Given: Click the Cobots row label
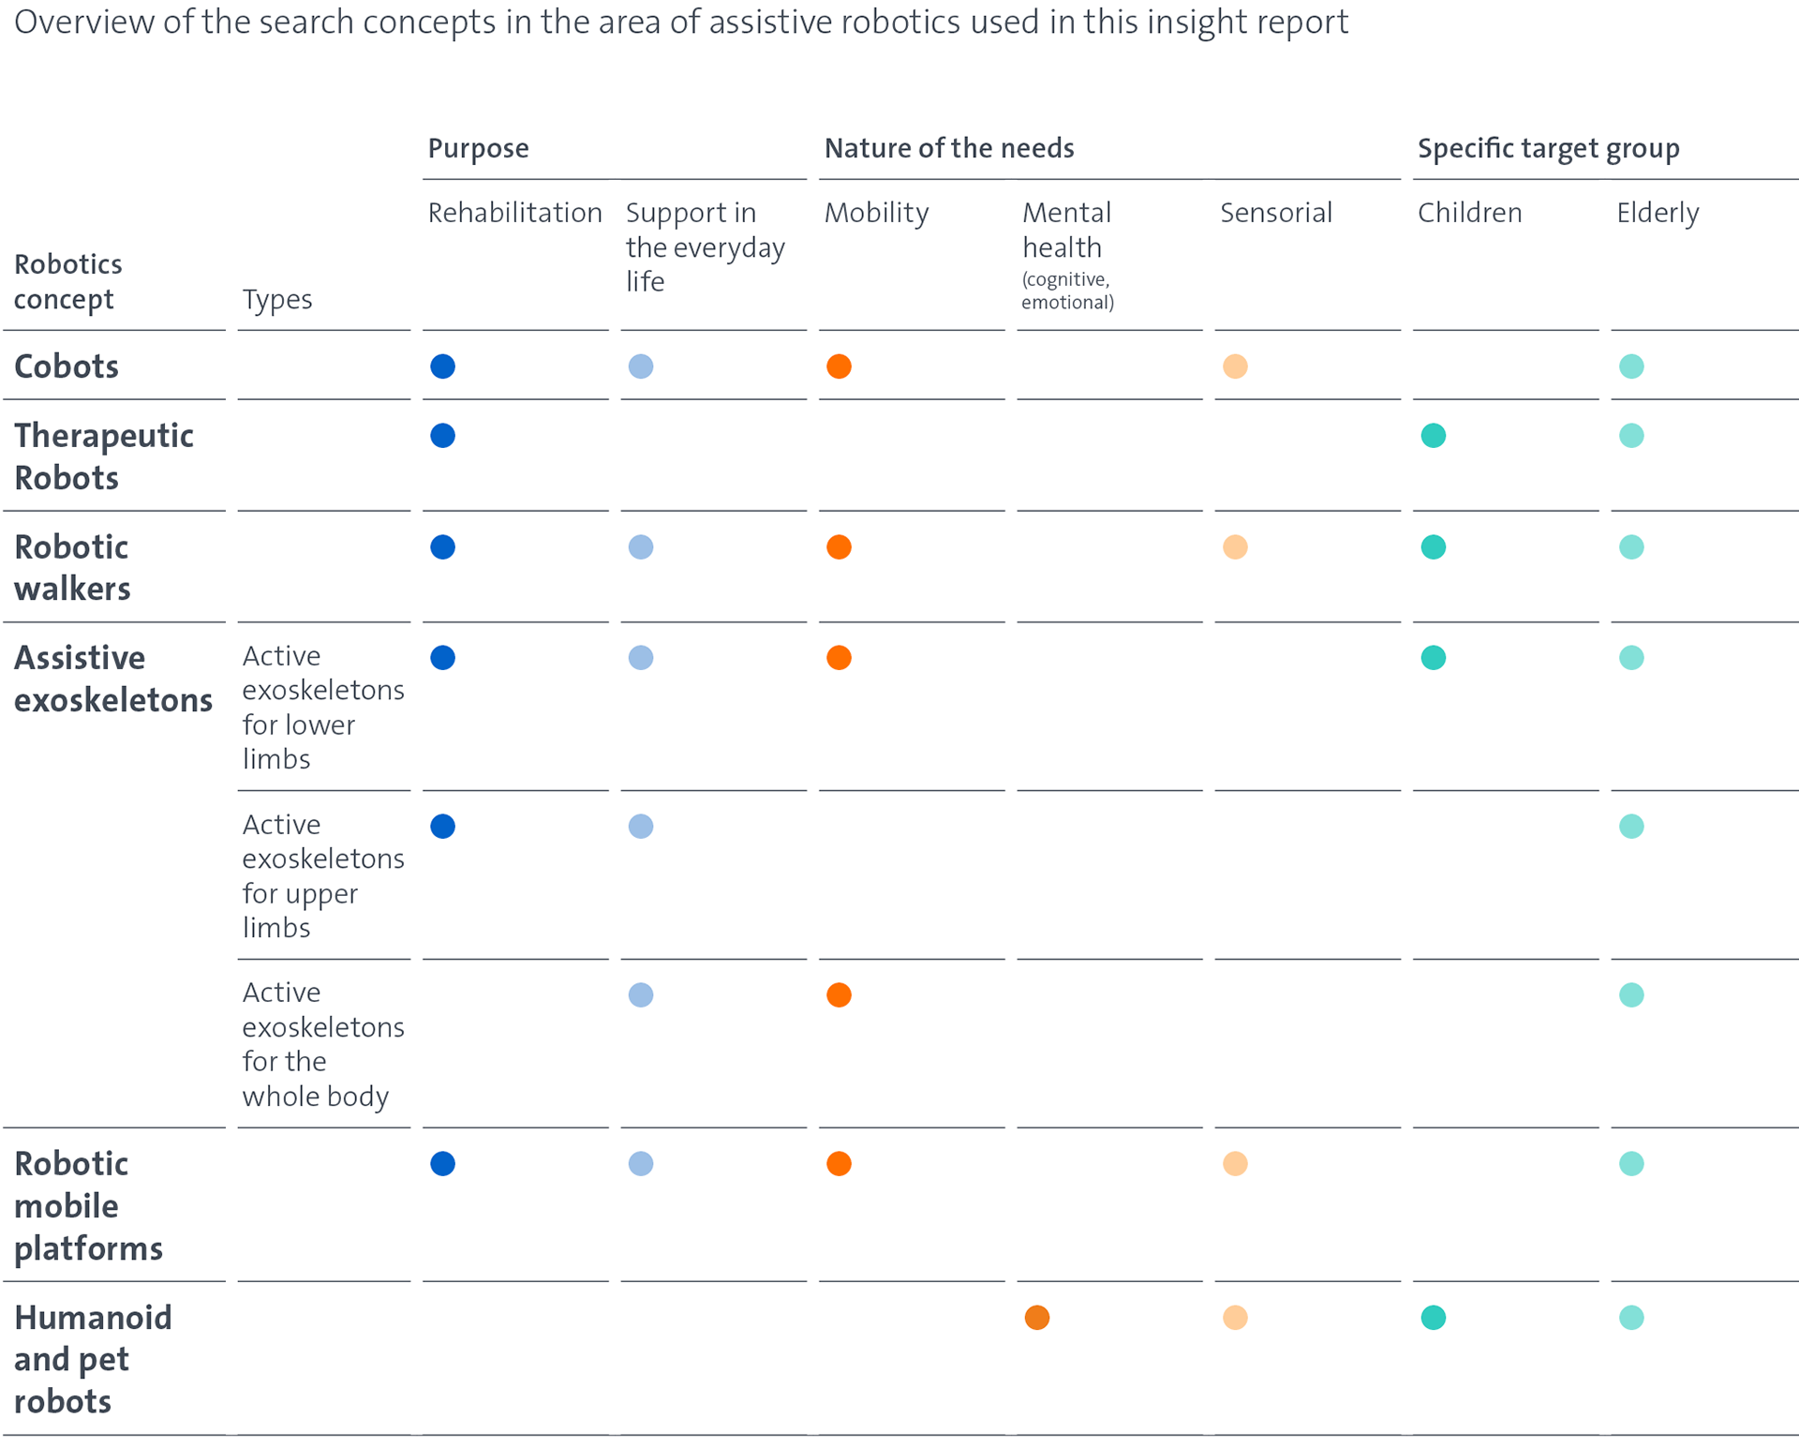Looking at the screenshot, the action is point(67,366).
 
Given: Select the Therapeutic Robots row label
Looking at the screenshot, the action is point(104,456).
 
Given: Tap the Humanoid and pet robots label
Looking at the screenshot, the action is point(93,1359).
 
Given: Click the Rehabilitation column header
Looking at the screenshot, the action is point(514,213).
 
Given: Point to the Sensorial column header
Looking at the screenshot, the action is point(1276,213).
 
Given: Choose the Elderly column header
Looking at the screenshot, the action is point(1658,214).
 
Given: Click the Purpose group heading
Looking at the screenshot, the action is point(479,149).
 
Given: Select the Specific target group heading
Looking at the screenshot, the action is point(1549,149).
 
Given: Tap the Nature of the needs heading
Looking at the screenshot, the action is point(949,148).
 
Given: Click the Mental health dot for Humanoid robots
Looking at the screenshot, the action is point(1037,1318).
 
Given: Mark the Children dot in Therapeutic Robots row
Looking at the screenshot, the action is point(1434,436).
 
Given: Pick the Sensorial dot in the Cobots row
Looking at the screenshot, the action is point(1235,366).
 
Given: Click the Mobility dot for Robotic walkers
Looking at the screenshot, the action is point(839,547).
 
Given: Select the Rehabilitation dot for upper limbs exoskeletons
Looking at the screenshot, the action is point(443,827).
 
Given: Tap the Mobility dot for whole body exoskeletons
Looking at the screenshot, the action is point(839,995).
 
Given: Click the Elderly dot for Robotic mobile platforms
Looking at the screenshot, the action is point(1631,1164).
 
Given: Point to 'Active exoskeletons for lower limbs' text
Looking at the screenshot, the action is point(323,708).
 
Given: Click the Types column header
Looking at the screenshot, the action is point(277,300).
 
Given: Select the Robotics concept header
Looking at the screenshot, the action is point(67,282).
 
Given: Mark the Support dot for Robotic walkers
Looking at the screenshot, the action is point(641,547).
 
